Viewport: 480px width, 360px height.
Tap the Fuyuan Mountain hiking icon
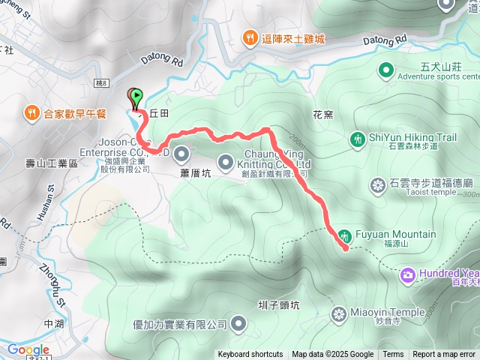(344, 235)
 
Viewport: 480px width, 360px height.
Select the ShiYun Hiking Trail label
(413, 137)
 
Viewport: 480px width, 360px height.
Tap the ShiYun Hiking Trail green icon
(358, 138)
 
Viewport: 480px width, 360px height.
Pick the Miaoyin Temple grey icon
(339, 312)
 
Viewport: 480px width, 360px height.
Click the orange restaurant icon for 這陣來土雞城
(249, 38)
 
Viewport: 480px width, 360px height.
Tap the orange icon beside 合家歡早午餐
(31, 113)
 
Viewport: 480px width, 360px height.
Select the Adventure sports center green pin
(385, 70)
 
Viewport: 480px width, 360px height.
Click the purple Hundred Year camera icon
(408, 274)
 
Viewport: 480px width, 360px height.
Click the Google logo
(28, 349)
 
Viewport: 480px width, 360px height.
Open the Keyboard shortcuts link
(250, 355)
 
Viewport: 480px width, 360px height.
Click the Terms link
(393, 355)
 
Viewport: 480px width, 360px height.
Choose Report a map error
(445, 355)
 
